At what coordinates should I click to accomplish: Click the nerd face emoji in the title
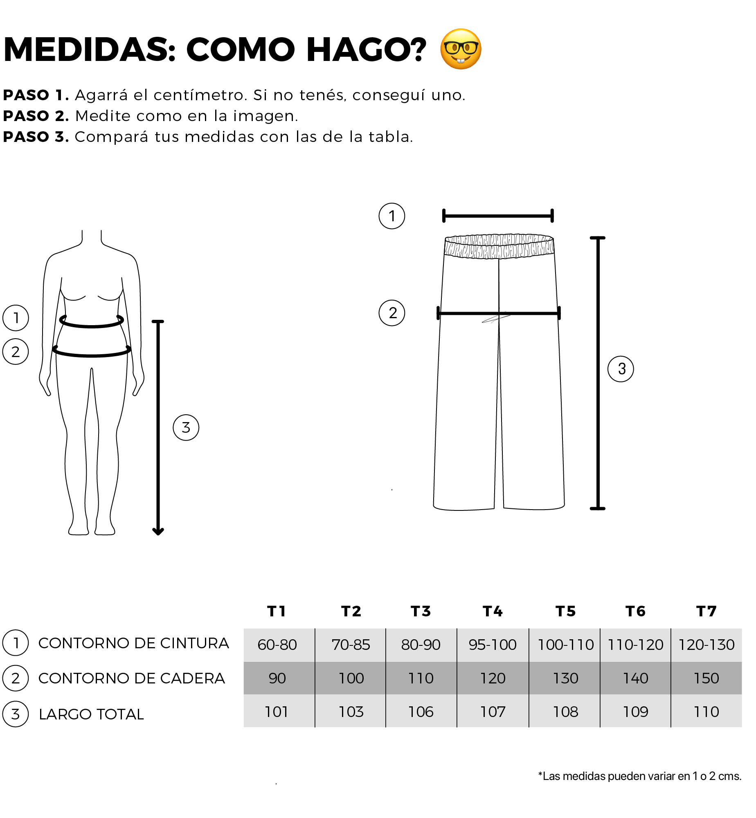coord(461,49)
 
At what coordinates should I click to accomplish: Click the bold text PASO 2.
coord(36,116)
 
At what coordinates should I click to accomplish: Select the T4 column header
coord(493,611)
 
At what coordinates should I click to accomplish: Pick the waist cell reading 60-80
coord(277,645)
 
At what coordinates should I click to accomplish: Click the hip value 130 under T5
coord(566,678)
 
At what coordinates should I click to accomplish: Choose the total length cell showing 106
coord(421,712)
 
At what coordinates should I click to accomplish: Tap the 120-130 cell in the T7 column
coord(706,645)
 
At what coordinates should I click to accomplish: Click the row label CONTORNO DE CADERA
coord(132,678)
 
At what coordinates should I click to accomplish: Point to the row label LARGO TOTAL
coord(91,714)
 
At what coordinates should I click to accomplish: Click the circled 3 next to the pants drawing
coord(621,369)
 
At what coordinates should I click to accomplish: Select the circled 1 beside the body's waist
coord(16,318)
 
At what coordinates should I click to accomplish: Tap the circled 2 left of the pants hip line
coord(392,313)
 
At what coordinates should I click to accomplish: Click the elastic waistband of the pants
coord(499,246)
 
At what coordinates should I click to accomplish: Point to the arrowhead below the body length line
coord(158,531)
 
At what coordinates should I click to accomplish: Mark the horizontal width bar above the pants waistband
coord(498,216)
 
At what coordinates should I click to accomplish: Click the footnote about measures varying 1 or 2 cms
coord(640,776)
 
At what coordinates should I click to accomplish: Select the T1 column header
coord(277,611)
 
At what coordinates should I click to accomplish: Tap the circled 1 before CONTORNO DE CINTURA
coord(16,643)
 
